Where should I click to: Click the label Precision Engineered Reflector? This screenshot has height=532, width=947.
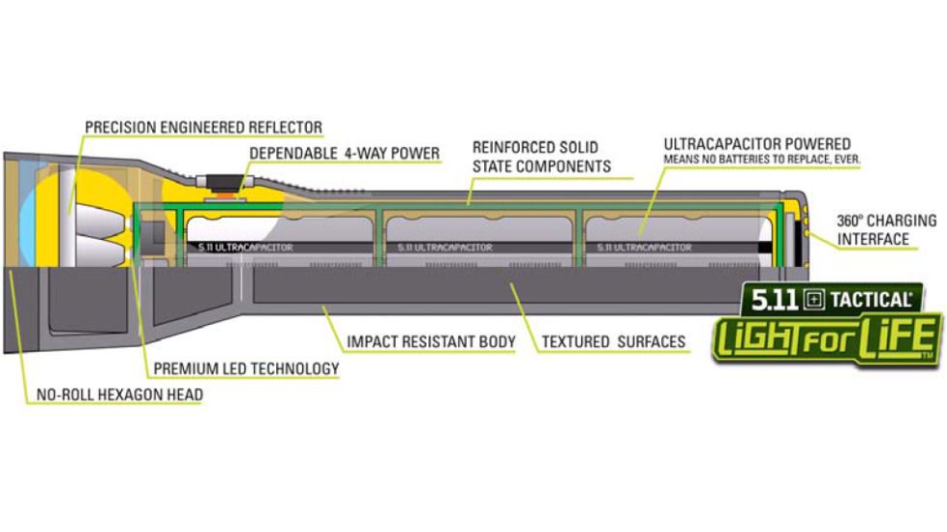(203, 127)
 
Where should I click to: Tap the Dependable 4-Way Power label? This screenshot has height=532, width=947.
(345, 153)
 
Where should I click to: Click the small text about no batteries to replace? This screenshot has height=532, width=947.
(762, 158)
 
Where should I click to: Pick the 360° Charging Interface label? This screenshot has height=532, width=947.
(887, 229)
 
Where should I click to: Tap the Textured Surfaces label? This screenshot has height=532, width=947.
(613, 341)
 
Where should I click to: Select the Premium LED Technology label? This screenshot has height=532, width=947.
(246, 369)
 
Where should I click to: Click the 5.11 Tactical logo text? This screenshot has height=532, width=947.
(831, 299)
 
